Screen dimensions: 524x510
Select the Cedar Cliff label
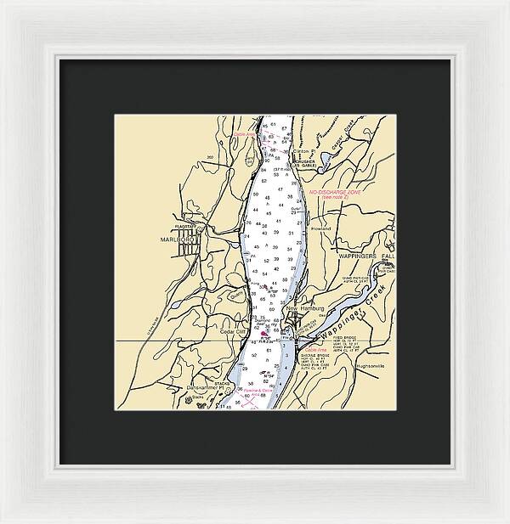(233, 333)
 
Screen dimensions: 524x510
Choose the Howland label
(320, 228)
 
